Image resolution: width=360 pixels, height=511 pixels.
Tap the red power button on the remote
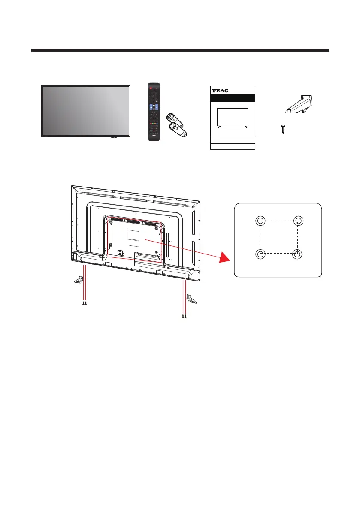click(150, 87)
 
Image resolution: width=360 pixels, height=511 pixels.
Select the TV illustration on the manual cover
click(233, 118)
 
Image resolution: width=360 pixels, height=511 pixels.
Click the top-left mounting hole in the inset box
click(260, 221)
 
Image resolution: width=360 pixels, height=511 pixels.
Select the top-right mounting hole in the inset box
click(297, 221)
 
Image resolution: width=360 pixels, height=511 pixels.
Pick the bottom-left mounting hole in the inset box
click(260, 254)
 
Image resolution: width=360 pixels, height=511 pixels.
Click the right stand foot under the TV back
click(191, 299)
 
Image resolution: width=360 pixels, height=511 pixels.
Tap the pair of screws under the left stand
click(85, 302)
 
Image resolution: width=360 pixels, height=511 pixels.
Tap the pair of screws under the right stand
click(184, 317)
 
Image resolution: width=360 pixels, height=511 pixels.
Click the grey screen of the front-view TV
click(86, 111)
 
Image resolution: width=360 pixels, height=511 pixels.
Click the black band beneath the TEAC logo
click(233, 98)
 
